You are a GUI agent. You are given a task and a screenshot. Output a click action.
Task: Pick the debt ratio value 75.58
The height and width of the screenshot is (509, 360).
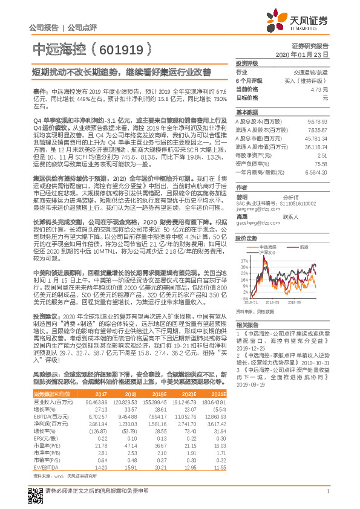(x=322, y=163)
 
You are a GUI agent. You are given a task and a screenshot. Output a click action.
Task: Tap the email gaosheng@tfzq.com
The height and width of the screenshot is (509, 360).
(x=257, y=222)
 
